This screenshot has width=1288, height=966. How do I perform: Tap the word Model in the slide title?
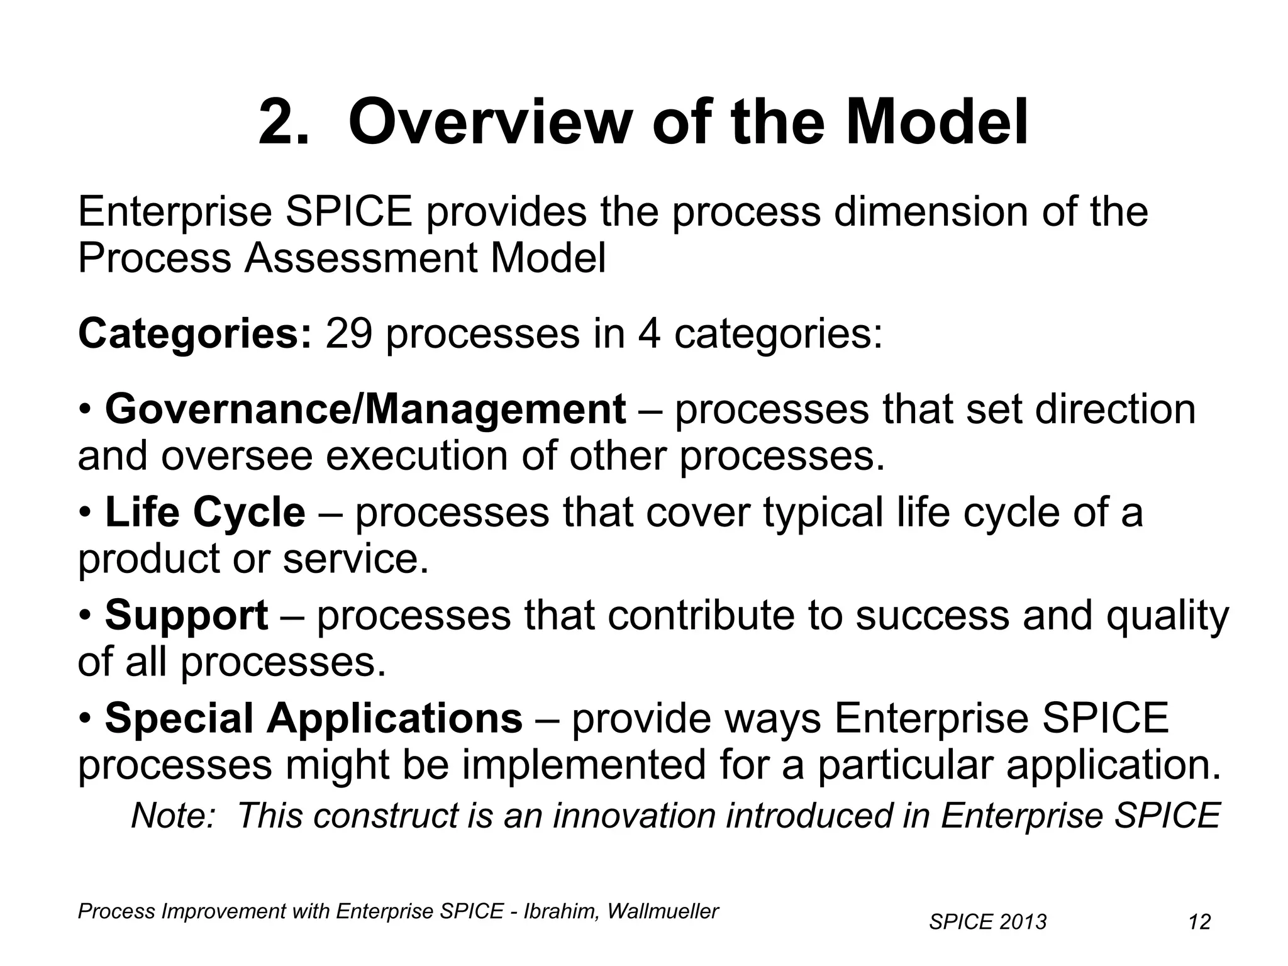pyautogui.click(x=936, y=123)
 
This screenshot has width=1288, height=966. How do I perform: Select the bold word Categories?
pyautogui.click(x=194, y=334)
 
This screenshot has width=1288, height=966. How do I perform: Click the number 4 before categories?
pyautogui.click(x=649, y=334)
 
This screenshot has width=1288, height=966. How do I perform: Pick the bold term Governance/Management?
pyautogui.click(x=365, y=409)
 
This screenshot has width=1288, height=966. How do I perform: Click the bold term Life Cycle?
pyautogui.click(x=205, y=512)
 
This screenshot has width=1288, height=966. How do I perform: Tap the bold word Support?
pyautogui.click(x=186, y=615)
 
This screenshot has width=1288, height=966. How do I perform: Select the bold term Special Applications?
pyautogui.click(x=313, y=718)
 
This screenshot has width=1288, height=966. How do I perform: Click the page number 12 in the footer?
pyautogui.click(x=1199, y=922)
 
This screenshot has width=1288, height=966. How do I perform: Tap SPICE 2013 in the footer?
pyautogui.click(x=987, y=922)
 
